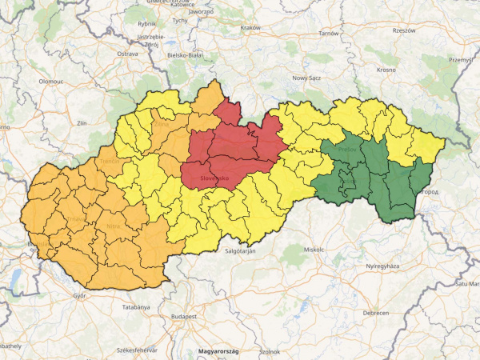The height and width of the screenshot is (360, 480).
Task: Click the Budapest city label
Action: click(x=183, y=317)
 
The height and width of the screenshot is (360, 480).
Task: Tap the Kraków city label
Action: click(x=250, y=28)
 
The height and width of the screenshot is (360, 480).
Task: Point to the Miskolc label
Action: click(x=314, y=250)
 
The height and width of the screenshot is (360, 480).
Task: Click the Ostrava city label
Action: click(x=128, y=54)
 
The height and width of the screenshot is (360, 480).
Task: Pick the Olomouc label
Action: click(x=50, y=82)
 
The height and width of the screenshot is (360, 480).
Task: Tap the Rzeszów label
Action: click(x=402, y=30)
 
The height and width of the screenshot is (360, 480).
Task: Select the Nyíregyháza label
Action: click(x=382, y=266)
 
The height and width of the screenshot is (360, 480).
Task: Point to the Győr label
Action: click(x=79, y=295)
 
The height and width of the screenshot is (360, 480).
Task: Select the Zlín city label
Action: click(x=81, y=124)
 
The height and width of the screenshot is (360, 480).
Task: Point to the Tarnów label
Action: click(x=329, y=34)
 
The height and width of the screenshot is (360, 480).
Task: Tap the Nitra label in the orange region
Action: click(x=114, y=226)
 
